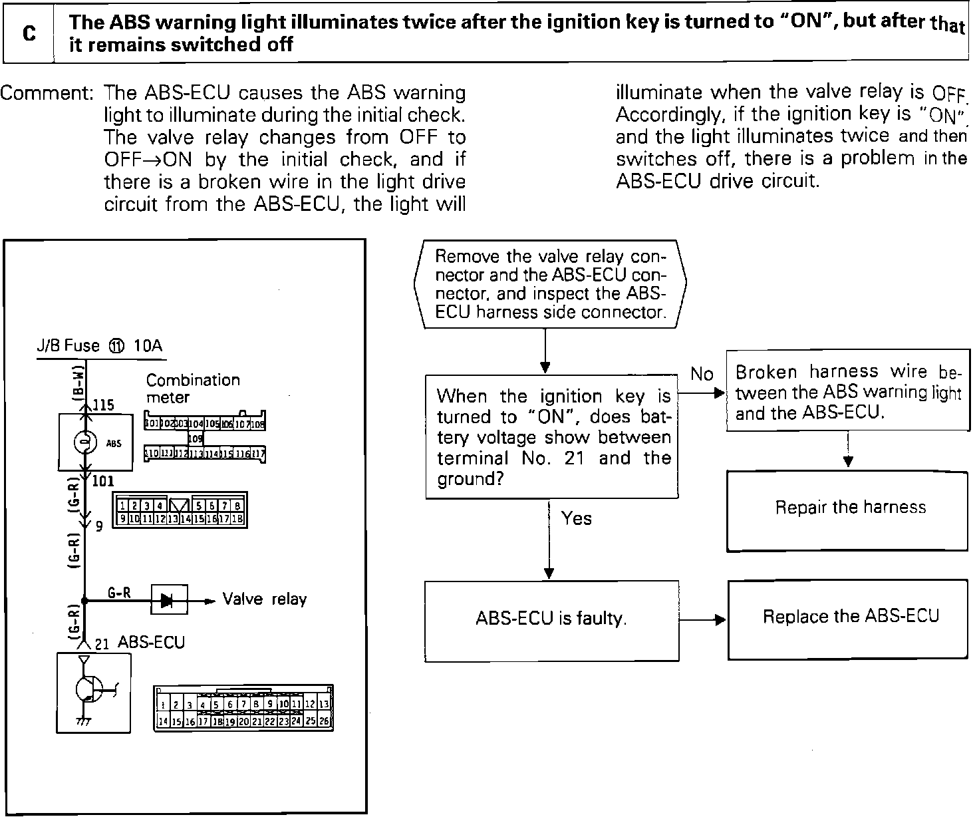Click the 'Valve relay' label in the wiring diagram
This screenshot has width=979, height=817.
264,599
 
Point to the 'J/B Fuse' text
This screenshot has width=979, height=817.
67,346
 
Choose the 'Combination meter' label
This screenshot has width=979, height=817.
192,389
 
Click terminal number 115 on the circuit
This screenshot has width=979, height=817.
103,405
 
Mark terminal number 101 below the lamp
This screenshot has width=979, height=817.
103,480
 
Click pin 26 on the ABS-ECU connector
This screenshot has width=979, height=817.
325,721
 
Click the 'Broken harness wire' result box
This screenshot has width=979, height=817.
848,392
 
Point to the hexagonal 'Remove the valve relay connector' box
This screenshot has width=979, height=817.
549,285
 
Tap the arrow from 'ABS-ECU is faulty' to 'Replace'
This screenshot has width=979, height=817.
704,620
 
